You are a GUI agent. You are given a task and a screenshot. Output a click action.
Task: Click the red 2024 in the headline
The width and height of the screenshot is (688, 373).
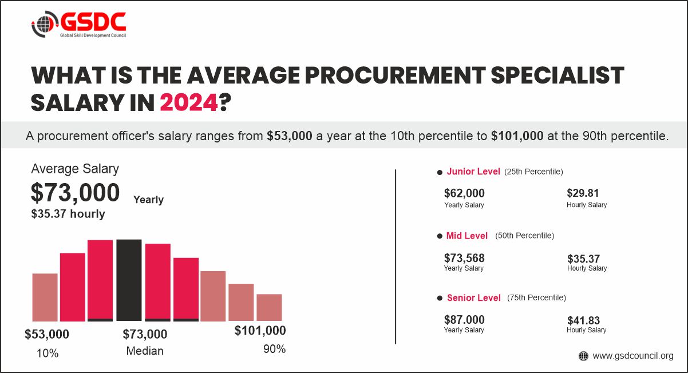[x=188, y=103]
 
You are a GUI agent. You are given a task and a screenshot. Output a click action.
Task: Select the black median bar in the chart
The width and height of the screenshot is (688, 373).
[x=129, y=280]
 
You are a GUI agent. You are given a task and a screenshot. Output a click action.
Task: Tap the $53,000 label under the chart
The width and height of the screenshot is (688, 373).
[x=47, y=334]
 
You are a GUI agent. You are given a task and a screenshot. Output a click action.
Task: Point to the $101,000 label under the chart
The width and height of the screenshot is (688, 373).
[x=260, y=331]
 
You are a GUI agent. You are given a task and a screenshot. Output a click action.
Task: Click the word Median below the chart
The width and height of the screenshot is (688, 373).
[x=145, y=351]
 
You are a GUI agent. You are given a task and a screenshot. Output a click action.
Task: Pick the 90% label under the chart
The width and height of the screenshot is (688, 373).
[x=274, y=349]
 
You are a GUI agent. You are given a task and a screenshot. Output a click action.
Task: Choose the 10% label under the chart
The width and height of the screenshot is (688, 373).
[x=48, y=353]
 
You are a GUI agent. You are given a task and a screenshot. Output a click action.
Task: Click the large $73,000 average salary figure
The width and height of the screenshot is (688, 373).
[x=75, y=193]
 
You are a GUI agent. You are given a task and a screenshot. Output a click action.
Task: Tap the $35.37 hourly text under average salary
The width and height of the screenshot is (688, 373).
[x=68, y=214]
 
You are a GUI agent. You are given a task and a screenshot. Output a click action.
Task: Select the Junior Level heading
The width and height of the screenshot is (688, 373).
[x=473, y=172]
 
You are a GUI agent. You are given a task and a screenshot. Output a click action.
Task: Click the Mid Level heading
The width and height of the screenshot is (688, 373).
[x=467, y=236]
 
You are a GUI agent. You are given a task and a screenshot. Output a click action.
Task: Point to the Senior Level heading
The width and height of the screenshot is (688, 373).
[x=473, y=298]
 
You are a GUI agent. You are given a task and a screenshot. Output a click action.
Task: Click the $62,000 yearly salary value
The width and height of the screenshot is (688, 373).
[x=464, y=193]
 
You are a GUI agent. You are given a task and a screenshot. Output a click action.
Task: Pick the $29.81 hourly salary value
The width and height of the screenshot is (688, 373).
[x=583, y=193]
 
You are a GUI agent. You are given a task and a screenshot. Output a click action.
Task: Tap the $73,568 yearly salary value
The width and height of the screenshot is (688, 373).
[x=464, y=258]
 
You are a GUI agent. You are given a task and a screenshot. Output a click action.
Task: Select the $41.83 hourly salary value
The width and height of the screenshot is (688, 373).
[x=583, y=320]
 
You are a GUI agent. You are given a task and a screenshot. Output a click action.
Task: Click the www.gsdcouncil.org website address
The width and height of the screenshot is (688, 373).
[x=633, y=356]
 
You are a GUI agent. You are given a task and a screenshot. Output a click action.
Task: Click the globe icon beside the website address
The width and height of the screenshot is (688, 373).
[x=583, y=356]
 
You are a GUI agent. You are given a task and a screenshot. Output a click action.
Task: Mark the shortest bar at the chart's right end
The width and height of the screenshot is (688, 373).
[x=269, y=307]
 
